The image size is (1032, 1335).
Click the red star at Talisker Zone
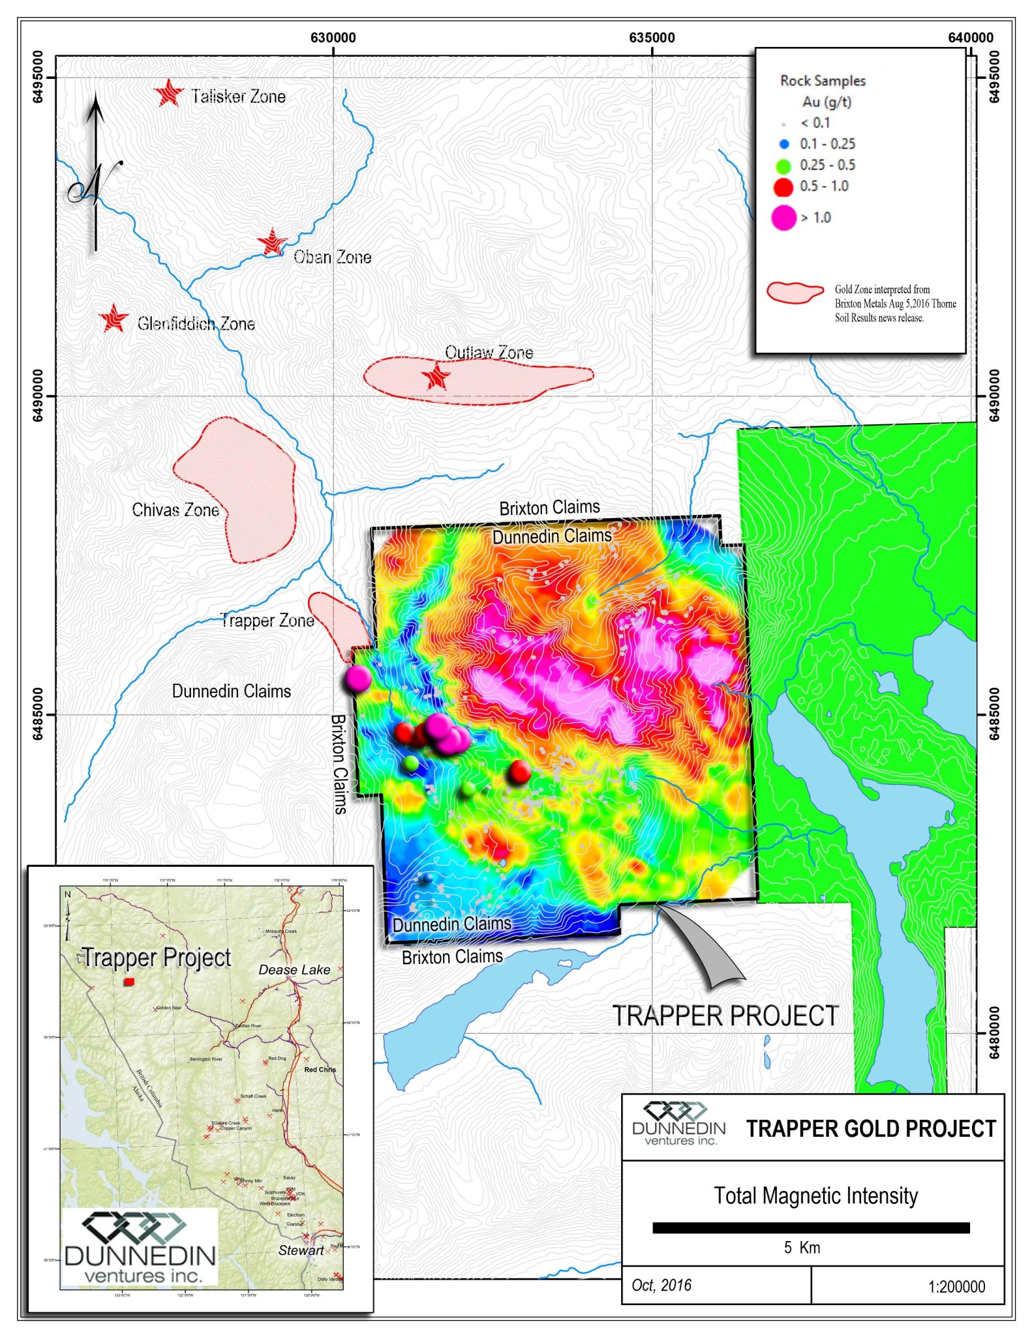[x=170, y=94]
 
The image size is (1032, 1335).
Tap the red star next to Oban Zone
[x=271, y=243]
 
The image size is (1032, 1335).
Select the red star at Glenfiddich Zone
[x=114, y=319]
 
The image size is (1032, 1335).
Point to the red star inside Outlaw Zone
[x=436, y=377]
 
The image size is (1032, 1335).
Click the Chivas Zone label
[x=175, y=510]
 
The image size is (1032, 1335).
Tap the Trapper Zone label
[x=267, y=620]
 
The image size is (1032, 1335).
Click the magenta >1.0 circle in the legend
[x=783, y=218]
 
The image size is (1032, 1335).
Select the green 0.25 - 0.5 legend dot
[x=784, y=166]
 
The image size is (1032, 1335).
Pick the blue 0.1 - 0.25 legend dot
[x=785, y=144]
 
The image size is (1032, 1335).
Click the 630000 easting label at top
[x=333, y=38]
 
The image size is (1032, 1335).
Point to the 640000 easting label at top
[x=970, y=38]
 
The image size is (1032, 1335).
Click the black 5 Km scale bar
[x=811, y=1228]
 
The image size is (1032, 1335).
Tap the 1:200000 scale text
[x=956, y=1287]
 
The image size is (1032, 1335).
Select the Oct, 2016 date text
[x=661, y=1285]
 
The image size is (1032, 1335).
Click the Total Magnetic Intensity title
[x=815, y=1196]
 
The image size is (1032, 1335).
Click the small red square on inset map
[x=129, y=982]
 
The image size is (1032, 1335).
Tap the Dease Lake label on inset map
[x=294, y=970]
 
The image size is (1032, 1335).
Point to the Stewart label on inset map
[x=301, y=1250]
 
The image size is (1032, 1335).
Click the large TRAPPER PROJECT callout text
[x=725, y=1016]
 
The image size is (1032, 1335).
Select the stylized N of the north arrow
[x=95, y=183]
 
